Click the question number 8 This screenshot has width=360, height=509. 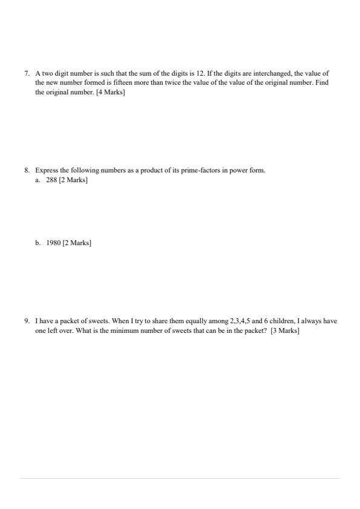tap(27, 171)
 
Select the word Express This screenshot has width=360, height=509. tap(47, 171)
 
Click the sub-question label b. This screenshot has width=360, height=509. tap(38, 243)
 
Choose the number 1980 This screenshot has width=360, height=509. tap(54, 243)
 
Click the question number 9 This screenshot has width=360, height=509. tap(27, 321)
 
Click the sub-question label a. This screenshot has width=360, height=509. tap(38, 180)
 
